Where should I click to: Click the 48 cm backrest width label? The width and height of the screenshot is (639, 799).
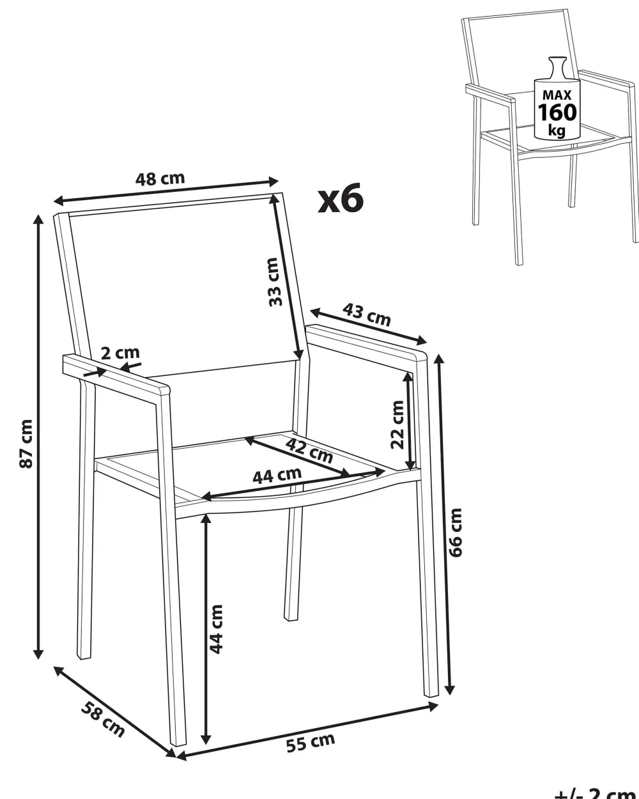point(160,178)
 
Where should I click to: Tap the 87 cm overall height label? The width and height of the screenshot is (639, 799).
point(26,444)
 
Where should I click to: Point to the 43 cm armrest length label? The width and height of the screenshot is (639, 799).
point(366,315)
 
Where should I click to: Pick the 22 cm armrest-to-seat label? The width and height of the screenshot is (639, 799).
point(397,424)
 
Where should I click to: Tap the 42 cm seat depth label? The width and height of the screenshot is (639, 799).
point(309,451)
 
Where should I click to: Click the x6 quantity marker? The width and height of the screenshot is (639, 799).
point(341,198)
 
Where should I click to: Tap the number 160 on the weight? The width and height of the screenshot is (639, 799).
point(557,112)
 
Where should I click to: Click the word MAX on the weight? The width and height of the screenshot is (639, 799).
point(557,95)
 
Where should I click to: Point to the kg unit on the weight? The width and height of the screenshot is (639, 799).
point(557,130)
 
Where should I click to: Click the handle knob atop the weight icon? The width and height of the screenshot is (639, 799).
point(558,60)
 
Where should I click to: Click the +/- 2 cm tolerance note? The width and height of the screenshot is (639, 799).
point(597,793)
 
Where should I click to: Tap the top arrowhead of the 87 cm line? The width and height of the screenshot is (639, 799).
point(38,220)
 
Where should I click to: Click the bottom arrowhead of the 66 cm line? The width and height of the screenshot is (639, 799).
point(450,689)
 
